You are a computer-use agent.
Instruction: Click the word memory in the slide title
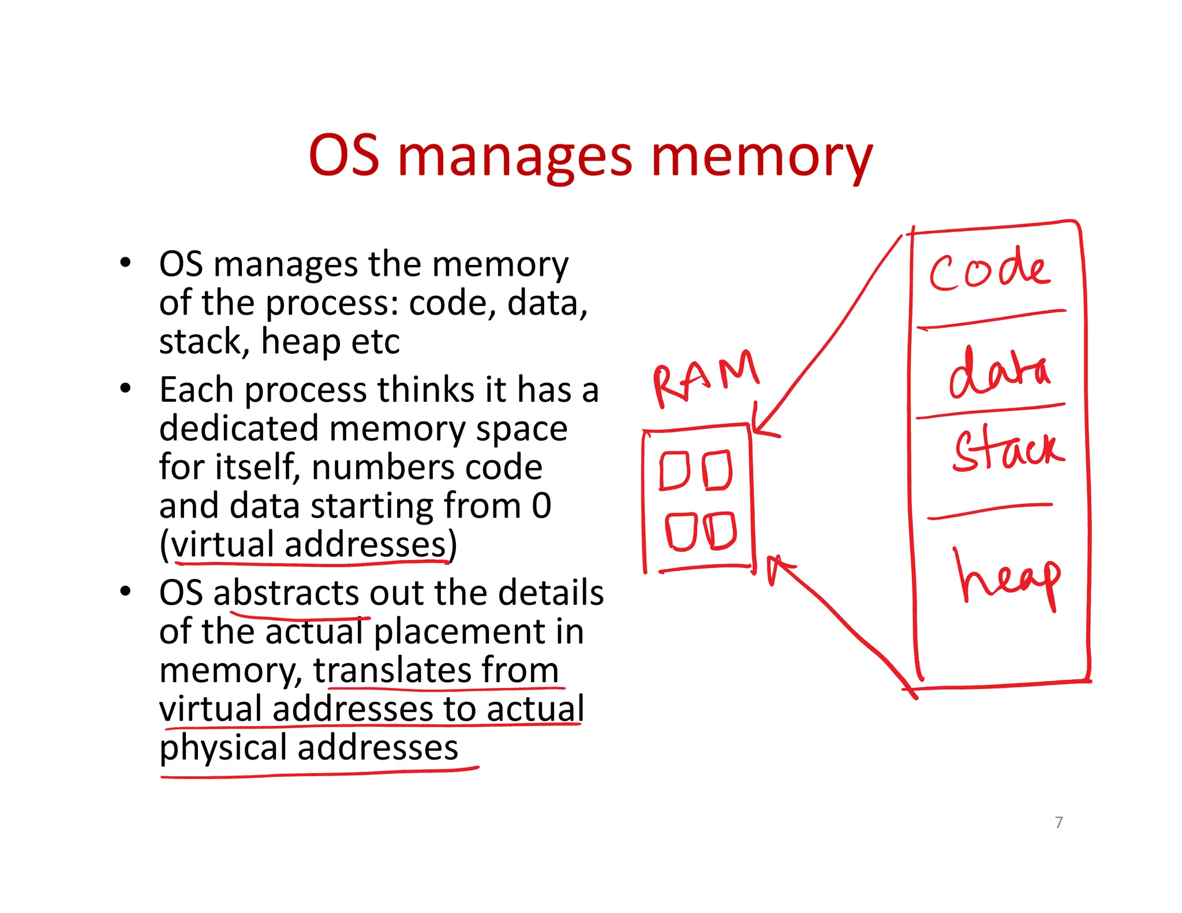click(x=761, y=157)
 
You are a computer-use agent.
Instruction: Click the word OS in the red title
click(x=344, y=156)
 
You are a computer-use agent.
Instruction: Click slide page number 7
click(x=1058, y=822)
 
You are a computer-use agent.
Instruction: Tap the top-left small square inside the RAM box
click(x=674, y=470)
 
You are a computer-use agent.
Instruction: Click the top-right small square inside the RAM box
click(x=717, y=470)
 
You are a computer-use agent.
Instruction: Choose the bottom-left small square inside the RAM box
click(x=680, y=531)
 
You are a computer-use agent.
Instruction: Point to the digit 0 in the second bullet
click(x=541, y=506)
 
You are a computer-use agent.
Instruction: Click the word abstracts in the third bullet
click(x=286, y=593)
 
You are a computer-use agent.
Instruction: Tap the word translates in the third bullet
click(x=392, y=670)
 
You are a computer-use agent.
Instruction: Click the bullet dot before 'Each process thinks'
click(x=125, y=388)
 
